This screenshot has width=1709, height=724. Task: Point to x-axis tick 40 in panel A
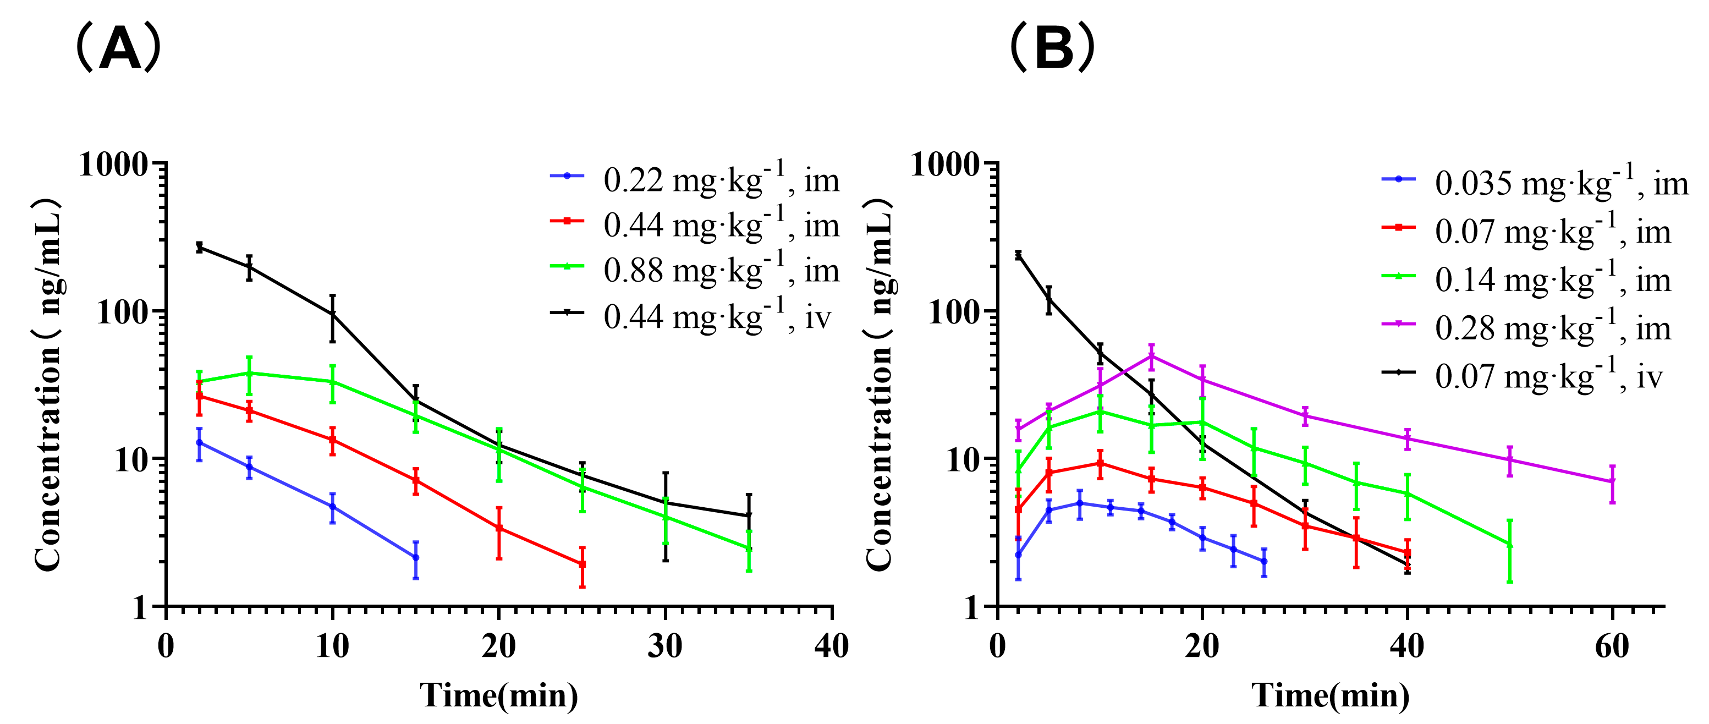point(831,646)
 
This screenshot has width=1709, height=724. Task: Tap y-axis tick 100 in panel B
point(954,312)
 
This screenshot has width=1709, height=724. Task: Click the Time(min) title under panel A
point(499,695)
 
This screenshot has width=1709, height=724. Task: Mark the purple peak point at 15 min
point(1152,356)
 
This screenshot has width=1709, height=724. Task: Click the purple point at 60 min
point(1612,482)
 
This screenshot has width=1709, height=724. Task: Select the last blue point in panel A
point(416,557)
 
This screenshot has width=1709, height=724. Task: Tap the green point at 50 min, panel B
point(1510,545)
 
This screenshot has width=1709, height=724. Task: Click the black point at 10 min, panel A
point(332,315)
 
